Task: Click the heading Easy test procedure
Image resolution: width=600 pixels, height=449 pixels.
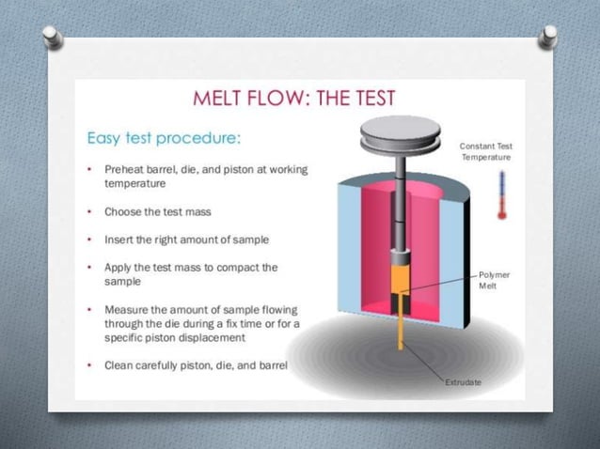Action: point(165,138)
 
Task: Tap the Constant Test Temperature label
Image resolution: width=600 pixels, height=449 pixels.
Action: point(485,151)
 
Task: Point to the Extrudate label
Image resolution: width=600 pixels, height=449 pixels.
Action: point(463,383)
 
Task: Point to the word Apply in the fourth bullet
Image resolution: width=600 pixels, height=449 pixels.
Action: point(118,267)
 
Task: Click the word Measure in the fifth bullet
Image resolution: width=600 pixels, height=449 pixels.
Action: point(127,309)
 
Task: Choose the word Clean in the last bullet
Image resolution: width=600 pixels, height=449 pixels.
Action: point(119,365)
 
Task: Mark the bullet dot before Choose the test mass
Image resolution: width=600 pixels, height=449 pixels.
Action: point(88,211)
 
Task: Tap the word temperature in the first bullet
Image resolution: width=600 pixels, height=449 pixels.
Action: point(139,185)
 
